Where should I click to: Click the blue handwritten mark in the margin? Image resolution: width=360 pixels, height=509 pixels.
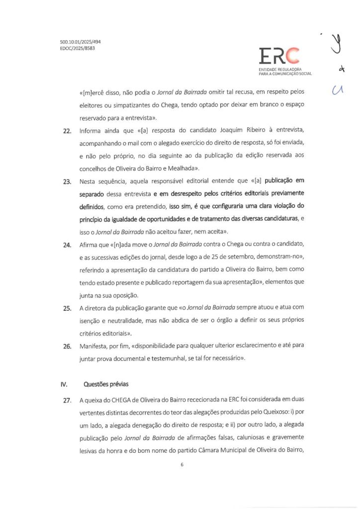click(338, 91)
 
